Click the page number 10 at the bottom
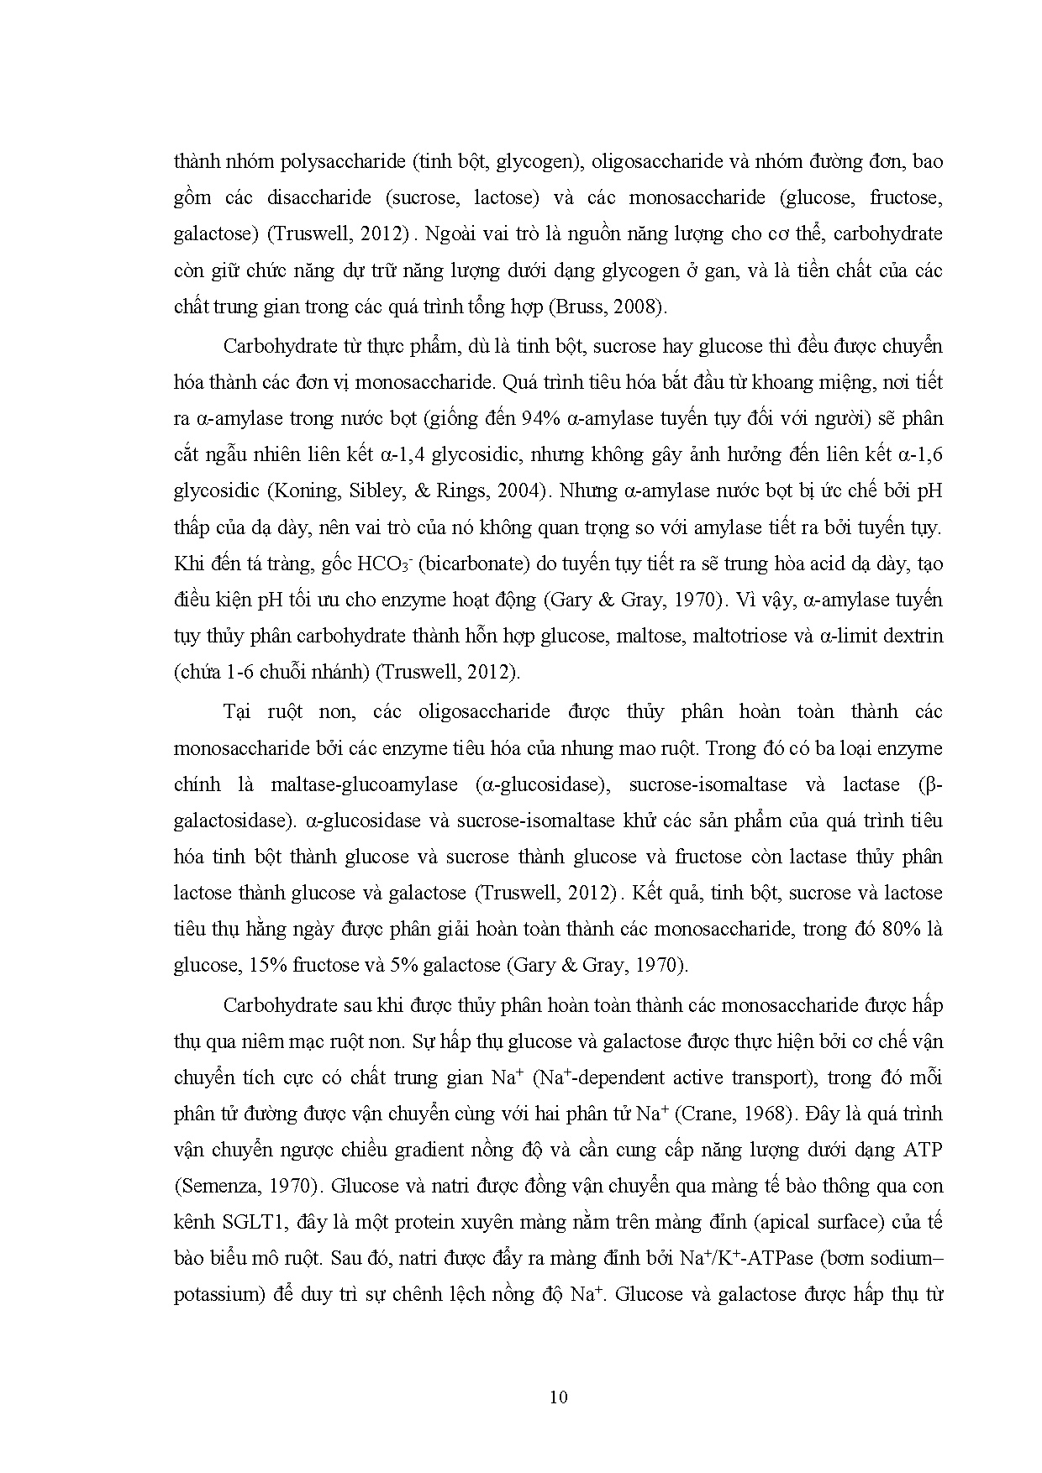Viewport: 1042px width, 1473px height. click(x=558, y=1397)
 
